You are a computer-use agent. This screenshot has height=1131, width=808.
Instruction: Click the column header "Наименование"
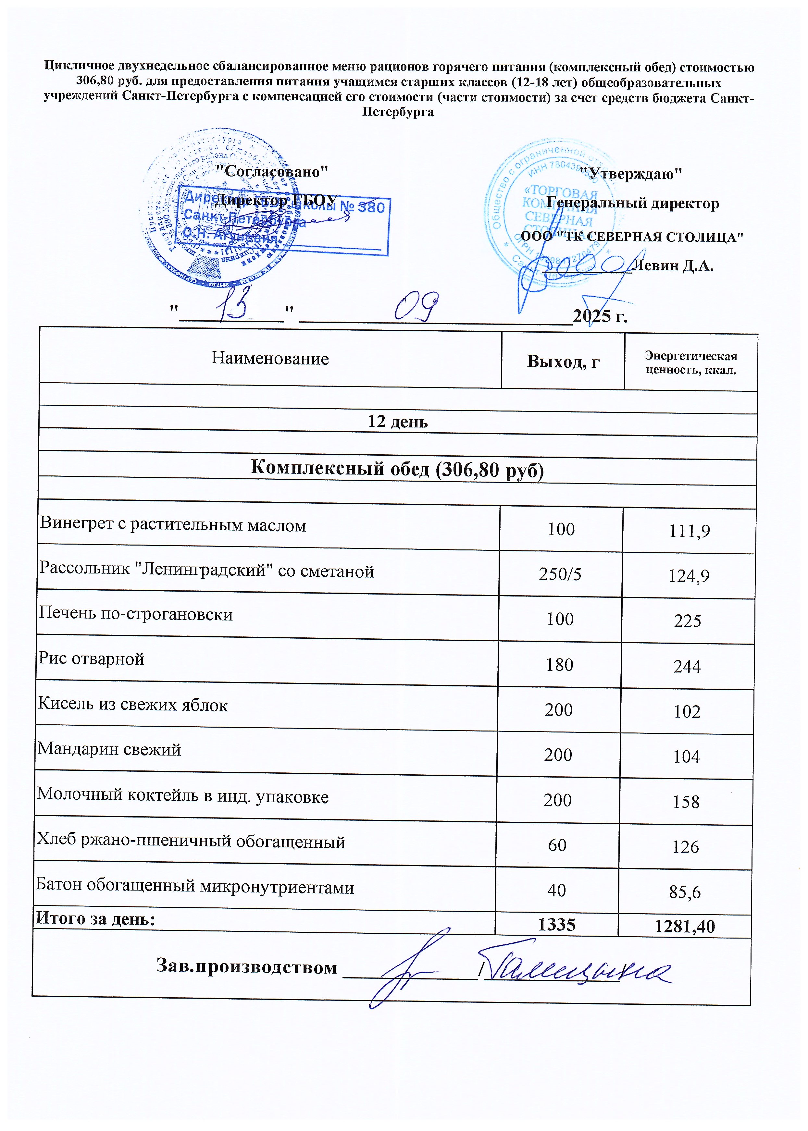(270, 358)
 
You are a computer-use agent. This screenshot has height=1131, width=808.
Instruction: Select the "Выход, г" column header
(563, 362)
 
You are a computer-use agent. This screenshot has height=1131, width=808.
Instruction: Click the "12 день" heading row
(398, 422)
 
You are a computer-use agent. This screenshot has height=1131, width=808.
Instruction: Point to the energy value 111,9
(689, 532)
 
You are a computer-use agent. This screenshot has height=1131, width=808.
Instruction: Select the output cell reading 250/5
(560, 574)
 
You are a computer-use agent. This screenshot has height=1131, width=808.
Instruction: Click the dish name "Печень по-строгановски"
(136, 614)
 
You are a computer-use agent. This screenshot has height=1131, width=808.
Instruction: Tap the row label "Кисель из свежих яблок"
(133, 705)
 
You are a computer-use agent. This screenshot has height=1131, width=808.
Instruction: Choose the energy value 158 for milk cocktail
(686, 802)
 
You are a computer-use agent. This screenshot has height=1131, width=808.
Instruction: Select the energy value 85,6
(685, 892)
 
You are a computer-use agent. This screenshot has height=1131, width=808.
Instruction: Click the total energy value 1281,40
(685, 926)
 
